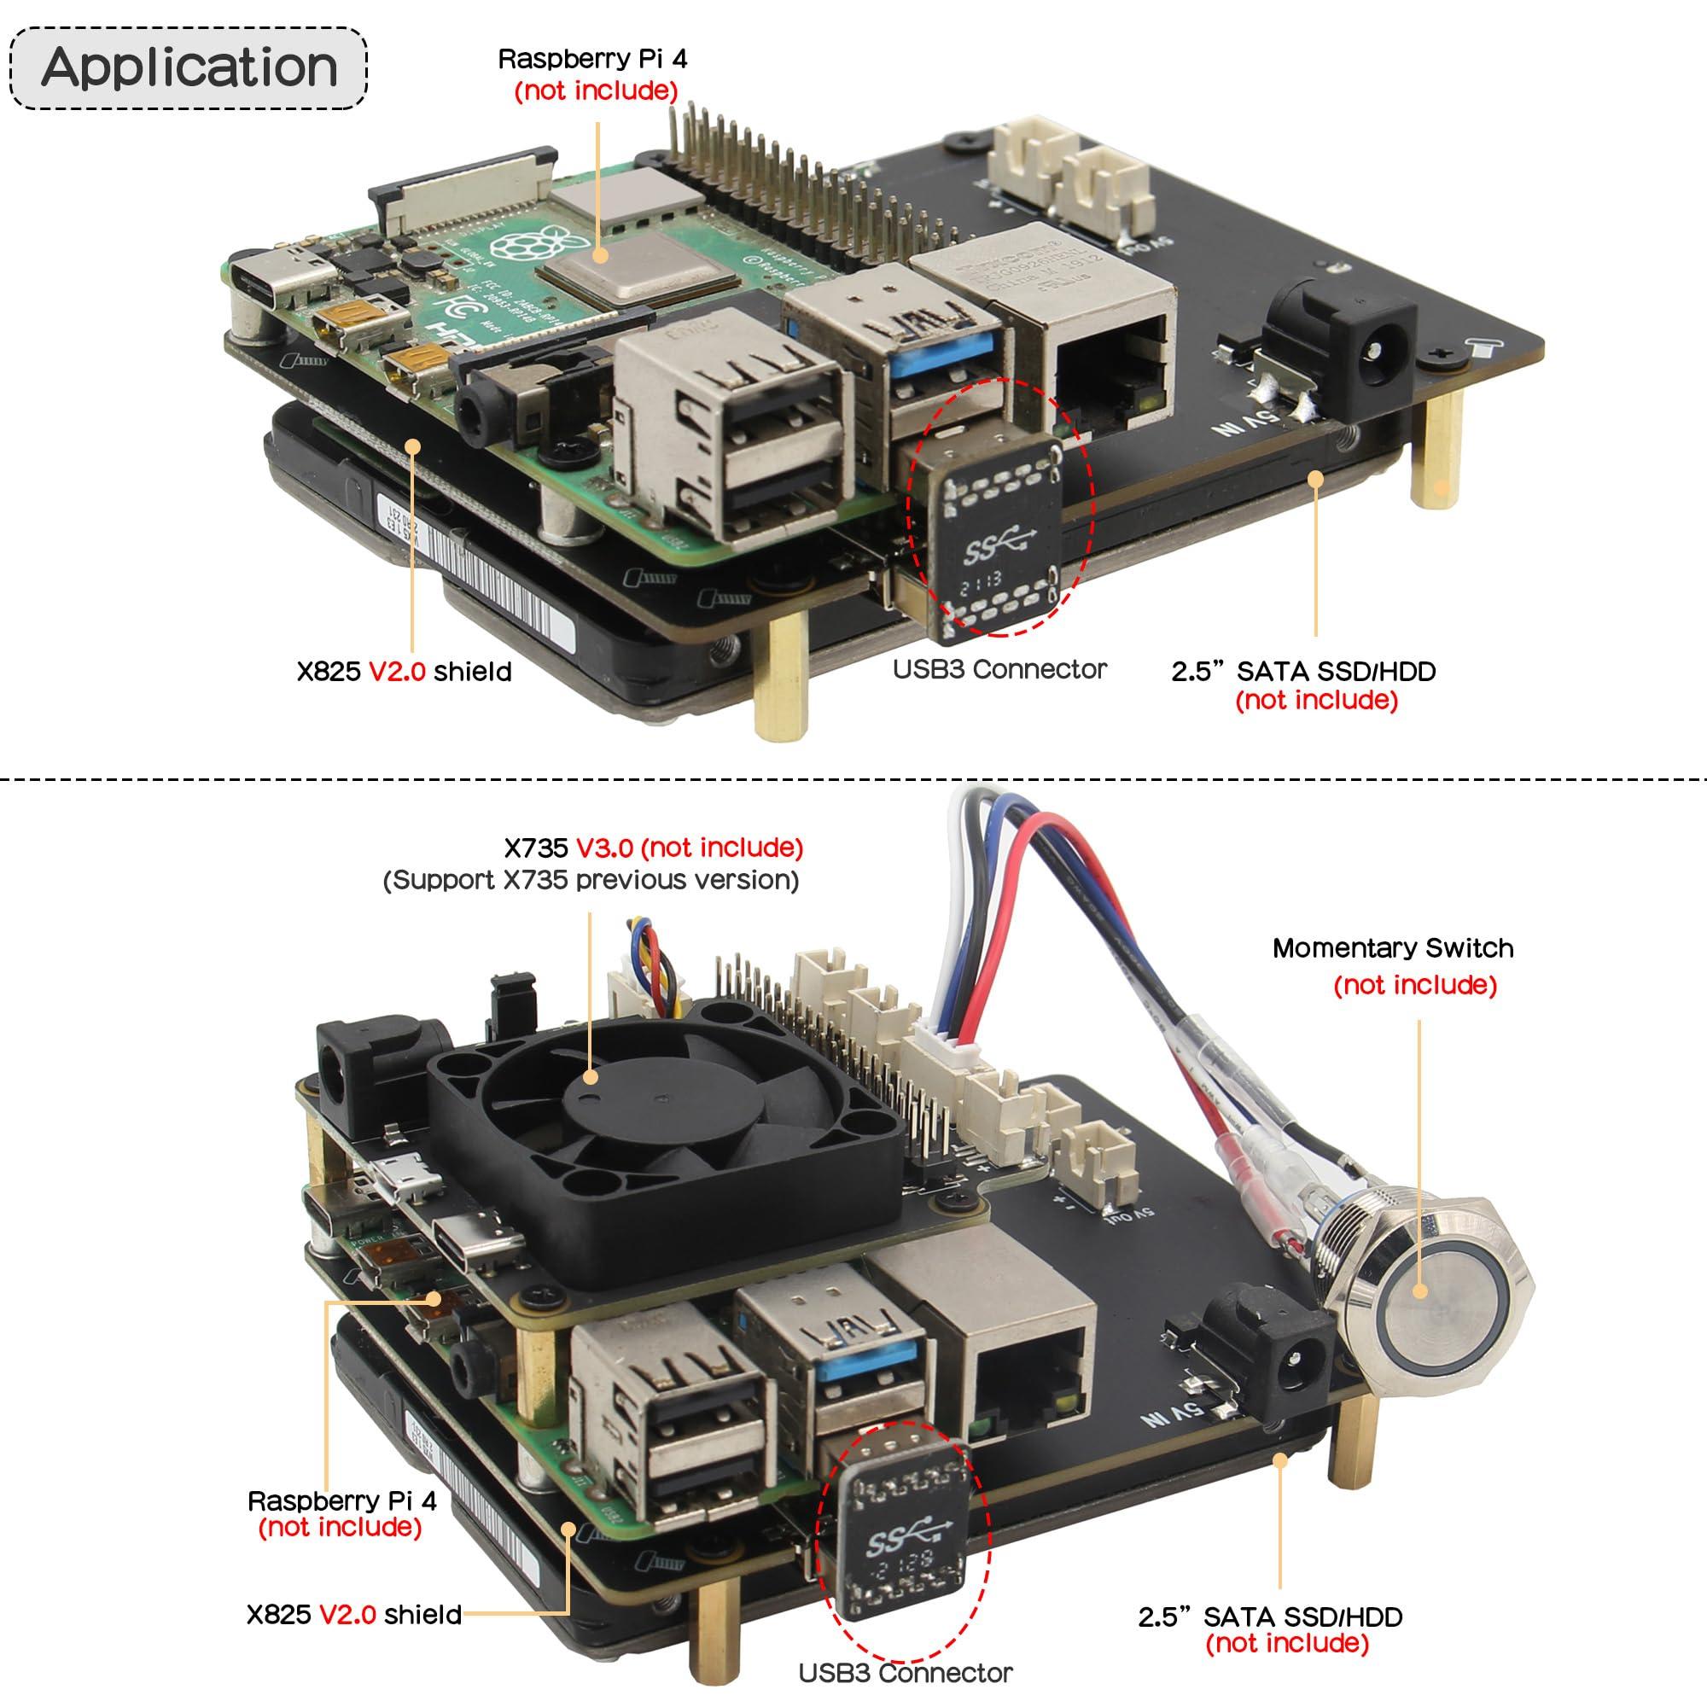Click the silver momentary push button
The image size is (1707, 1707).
[1420, 1290]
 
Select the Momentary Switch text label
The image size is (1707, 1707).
[1392, 948]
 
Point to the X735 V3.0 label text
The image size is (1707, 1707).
[654, 848]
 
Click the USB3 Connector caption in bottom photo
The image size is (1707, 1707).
[905, 1674]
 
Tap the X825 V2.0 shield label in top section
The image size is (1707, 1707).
[404, 672]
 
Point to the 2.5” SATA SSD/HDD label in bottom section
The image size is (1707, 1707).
[1270, 1617]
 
